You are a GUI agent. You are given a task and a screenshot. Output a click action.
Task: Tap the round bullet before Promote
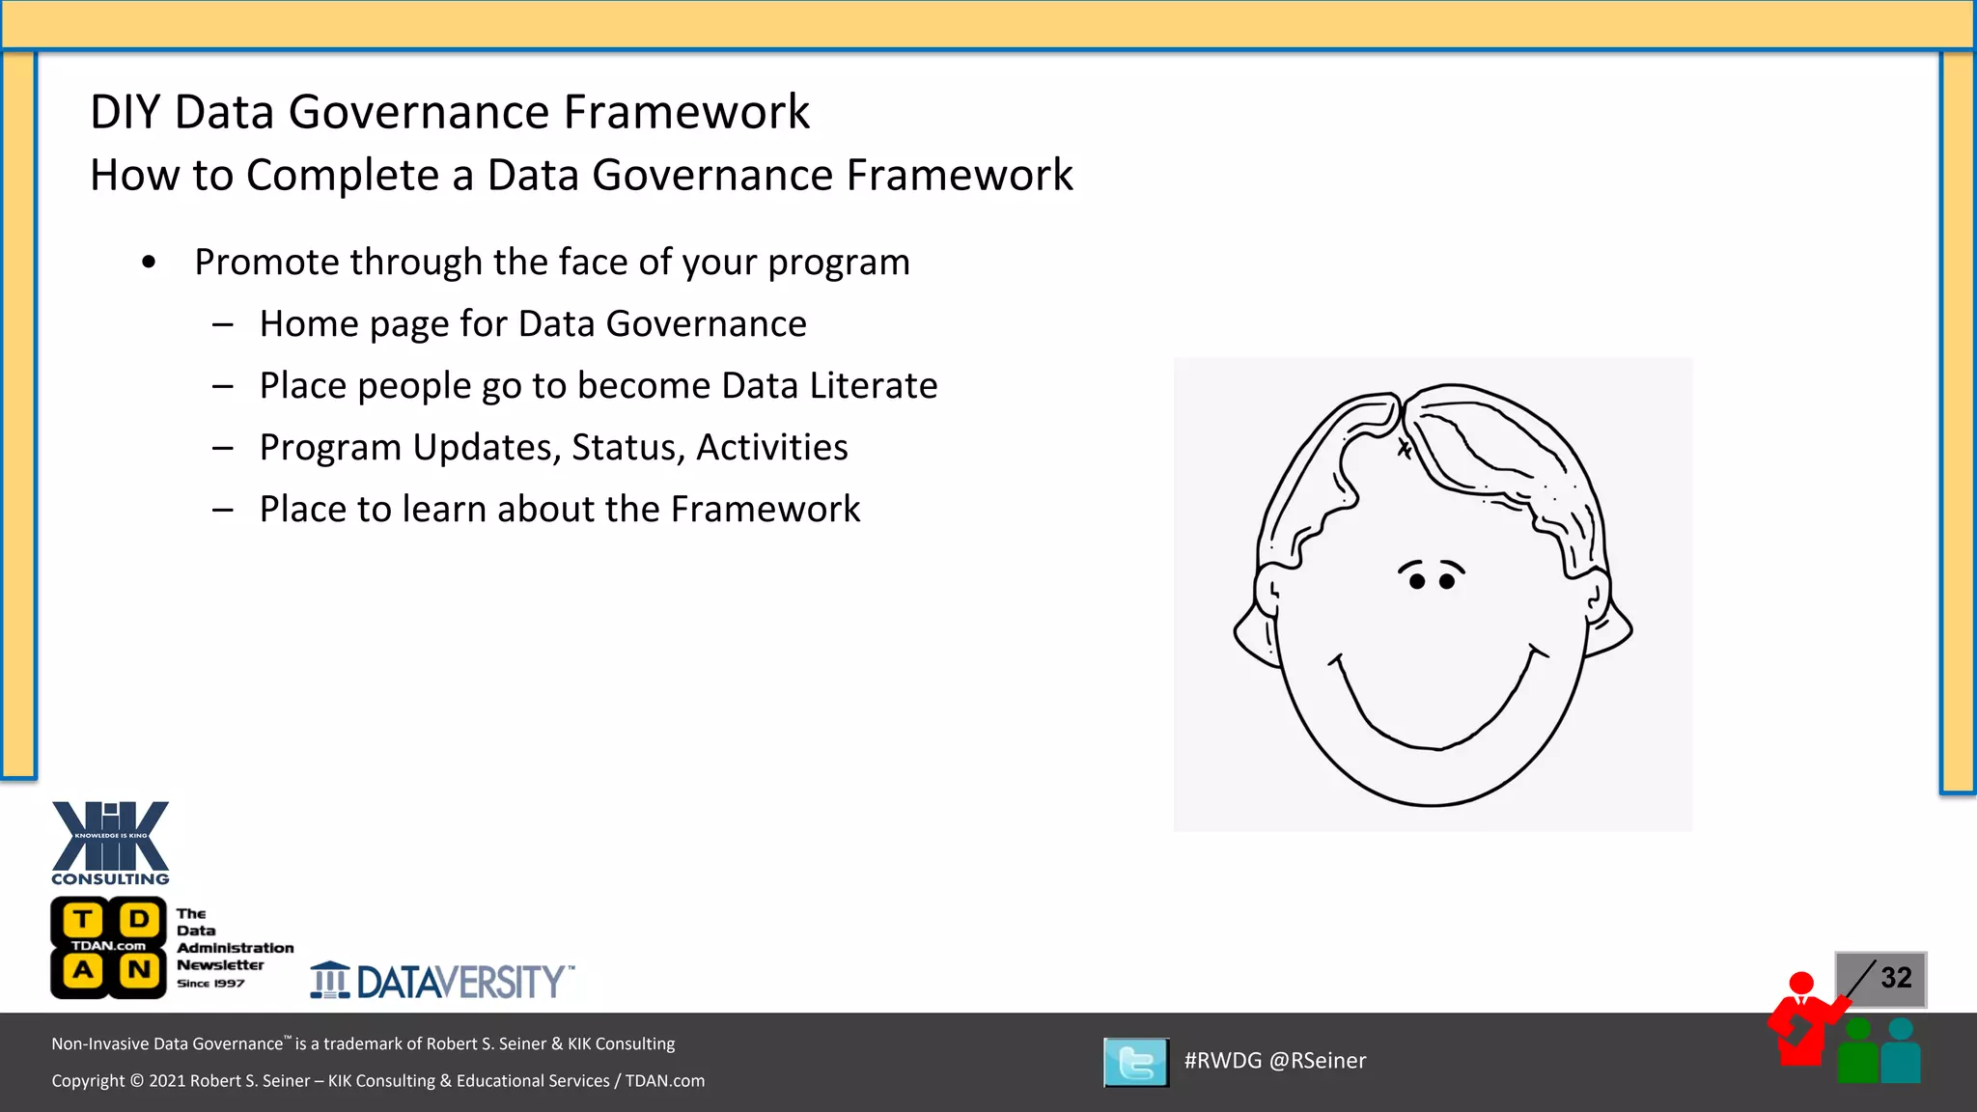[148, 263]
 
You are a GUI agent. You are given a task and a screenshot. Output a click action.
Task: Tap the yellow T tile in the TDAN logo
[84, 919]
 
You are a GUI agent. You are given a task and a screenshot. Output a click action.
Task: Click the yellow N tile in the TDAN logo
[138, 970]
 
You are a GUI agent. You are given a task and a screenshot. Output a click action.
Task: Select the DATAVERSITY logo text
[459, 983]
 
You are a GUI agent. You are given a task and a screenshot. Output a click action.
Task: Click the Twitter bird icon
[1136, 1063]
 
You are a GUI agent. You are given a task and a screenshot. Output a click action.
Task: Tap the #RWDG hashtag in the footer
[1222, 1061]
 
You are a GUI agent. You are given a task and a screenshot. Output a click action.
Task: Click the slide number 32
[1895, 978]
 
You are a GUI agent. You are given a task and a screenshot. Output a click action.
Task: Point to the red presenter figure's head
[1801, 983]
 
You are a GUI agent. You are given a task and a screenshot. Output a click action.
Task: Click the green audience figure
[1857, 1054]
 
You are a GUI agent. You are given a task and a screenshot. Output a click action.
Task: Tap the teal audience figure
[1901, 1054]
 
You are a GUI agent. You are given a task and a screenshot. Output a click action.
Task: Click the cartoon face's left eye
[1416, 581]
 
